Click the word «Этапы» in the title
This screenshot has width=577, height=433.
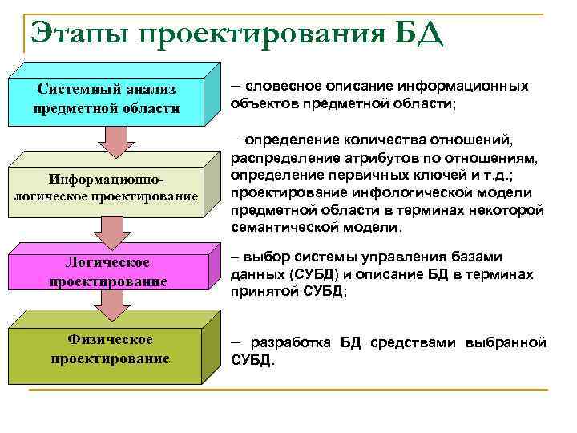point(77,34)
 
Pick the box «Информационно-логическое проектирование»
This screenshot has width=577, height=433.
point(106,185)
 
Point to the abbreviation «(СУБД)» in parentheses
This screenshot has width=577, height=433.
point(305,274)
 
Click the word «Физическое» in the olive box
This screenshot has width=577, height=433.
point(110,339)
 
